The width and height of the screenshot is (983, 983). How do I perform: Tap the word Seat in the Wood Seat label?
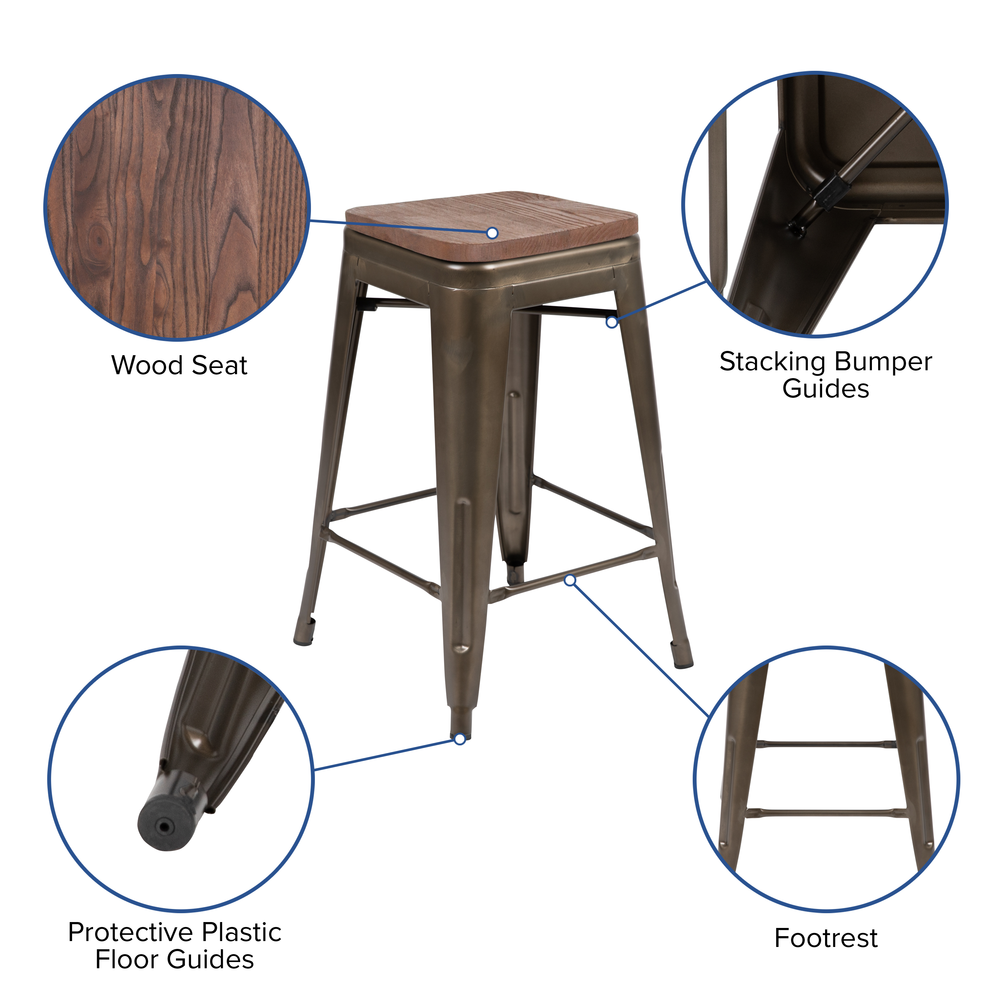220,365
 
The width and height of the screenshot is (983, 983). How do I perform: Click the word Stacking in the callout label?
772,362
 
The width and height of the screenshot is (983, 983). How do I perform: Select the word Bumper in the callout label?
883,362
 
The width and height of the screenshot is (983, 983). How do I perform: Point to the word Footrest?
826,938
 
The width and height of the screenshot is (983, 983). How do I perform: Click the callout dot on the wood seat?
492,233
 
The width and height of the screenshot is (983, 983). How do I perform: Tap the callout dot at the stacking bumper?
611,322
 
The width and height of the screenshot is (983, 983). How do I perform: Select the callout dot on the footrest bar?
570,580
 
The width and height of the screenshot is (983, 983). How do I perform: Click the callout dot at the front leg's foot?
460,739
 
